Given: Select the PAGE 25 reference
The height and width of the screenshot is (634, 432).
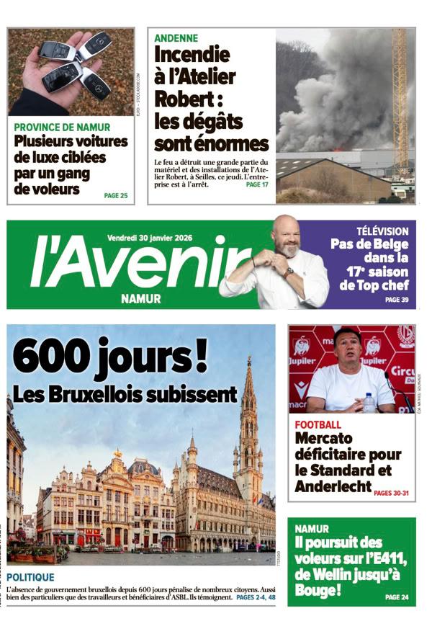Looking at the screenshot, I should [x=115, y=195].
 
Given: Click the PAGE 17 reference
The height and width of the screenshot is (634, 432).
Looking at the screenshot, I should [x=256, y=184].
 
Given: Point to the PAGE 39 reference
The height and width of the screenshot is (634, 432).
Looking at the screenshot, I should [x=397, y=299].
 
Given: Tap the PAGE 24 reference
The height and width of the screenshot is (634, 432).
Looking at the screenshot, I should [x=397, y=597].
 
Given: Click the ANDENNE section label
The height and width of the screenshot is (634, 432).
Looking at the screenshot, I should [x=176, y=38].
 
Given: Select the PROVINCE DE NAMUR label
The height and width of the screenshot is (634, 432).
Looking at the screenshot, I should [x=62, y=127].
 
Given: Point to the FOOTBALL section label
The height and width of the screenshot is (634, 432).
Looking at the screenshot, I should [x=318, y=425].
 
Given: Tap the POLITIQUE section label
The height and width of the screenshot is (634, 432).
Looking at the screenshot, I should [x=30, y=577].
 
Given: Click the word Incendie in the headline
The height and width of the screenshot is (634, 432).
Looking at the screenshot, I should [x=192, y=55].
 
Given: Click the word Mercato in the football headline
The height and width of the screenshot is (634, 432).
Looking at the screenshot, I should [x=324, y=438].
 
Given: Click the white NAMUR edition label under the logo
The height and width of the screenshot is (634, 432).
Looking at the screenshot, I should [x=141, y=298].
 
